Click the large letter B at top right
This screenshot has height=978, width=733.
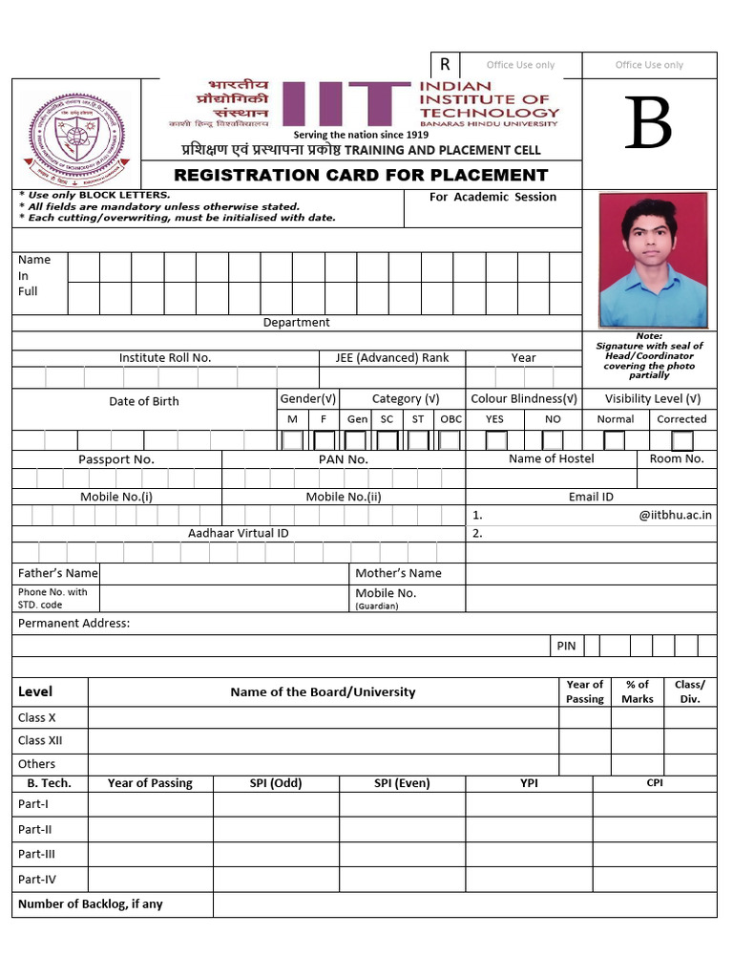click(x=649, y=125)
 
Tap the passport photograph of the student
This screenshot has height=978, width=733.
click(x=653, y=260)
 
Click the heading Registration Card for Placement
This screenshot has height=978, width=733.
click(x=361, y=175)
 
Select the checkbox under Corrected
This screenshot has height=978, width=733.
click(x=681, y=440)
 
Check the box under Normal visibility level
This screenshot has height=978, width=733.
click(x=615, y=440)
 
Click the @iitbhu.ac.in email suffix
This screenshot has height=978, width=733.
click(x=676, y=515)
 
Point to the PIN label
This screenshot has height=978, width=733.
click(x=566, y=646)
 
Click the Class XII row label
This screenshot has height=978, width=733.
click(x=40, y=740)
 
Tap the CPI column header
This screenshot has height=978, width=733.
click(x=655, y=783)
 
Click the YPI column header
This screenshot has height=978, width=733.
click(x=529, y=783)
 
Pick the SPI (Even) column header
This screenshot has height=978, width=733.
click(x=402, y=783)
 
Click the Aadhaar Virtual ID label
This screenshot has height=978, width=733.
click(x=238, y=533)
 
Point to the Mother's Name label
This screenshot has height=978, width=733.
click(x=398, y=573)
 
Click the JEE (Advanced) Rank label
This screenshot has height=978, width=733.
click(x=391, y=358)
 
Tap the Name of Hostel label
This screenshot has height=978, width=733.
click(x=551, y=458)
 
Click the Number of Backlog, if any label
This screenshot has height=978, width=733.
click(x=91, y=904)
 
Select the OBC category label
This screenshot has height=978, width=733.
click(x=450, y=419)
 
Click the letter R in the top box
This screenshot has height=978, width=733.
click(x=445, y=65)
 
